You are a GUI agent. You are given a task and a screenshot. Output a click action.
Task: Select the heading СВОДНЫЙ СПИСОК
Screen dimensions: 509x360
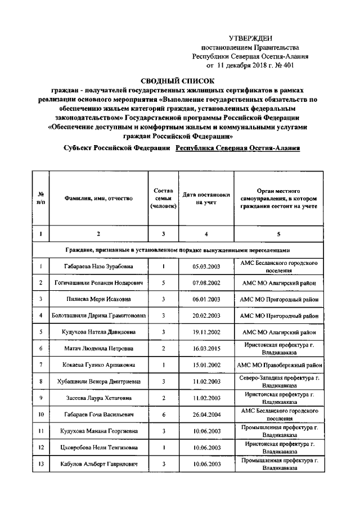(181, 81)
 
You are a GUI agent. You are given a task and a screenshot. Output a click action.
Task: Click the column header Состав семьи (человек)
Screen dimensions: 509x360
(163, 199)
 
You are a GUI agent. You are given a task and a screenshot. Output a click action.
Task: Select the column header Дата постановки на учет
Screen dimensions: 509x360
(206, 199)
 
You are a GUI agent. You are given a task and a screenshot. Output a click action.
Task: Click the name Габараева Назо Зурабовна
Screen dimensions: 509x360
(98, 267)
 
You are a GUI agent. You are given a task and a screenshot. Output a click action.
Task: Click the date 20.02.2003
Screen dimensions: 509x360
(206, 316)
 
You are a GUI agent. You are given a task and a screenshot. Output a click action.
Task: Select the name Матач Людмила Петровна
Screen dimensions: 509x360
(98, 349)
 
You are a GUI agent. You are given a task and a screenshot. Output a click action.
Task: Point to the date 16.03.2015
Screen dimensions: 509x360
(206, 349)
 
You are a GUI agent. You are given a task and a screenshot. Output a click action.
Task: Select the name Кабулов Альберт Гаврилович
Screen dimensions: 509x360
(98, 464)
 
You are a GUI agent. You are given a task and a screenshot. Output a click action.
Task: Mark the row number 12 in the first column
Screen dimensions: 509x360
(42, 448)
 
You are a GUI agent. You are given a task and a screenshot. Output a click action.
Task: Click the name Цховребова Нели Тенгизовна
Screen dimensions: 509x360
(98, 448)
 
